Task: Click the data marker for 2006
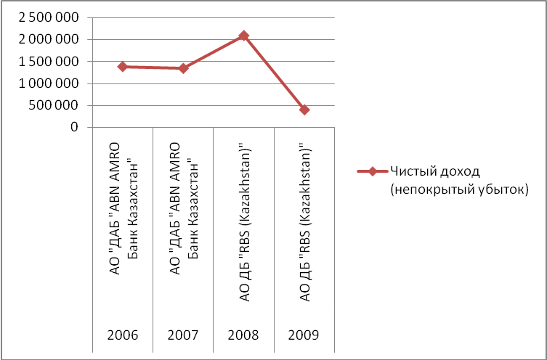coord(123,67)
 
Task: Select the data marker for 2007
coord(183,68)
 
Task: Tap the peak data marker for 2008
coord(244,36)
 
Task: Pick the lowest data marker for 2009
coord(304,110)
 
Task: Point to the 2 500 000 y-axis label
coord(50,17)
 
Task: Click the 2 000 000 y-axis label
coord(50,39)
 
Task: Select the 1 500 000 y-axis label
coord(50,62)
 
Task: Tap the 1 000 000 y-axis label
coord(50,83)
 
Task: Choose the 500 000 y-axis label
coord(57,105)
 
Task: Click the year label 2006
coord(123,337)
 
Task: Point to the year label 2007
coord(183,337)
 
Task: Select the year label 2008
coord(244,337)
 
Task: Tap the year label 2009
coord(304,337)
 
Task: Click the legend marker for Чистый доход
coord(371,171)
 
